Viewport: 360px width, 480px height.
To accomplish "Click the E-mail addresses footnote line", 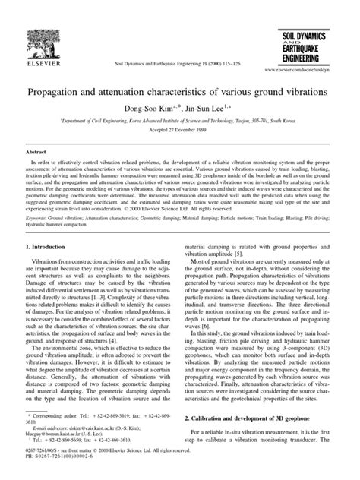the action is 87,429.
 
